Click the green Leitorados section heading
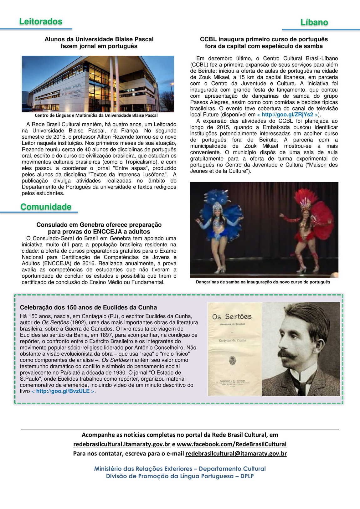point(41,22)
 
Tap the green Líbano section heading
point(314,23)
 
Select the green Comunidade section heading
point(46,207)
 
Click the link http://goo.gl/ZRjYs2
point(287,115)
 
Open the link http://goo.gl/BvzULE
point(63,391)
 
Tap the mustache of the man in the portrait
point(287,354)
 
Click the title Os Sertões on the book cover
point(232,317)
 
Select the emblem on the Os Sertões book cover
point(232,361)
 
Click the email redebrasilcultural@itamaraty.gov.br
point(236,454)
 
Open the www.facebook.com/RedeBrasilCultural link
point(231,444)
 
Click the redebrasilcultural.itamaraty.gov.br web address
point(122,444)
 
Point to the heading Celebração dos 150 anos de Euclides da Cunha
point(88,307)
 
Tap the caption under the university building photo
point(96,116)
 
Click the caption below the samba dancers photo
point(263,282)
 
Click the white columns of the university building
point(114,83)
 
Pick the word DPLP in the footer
point(247,476)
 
